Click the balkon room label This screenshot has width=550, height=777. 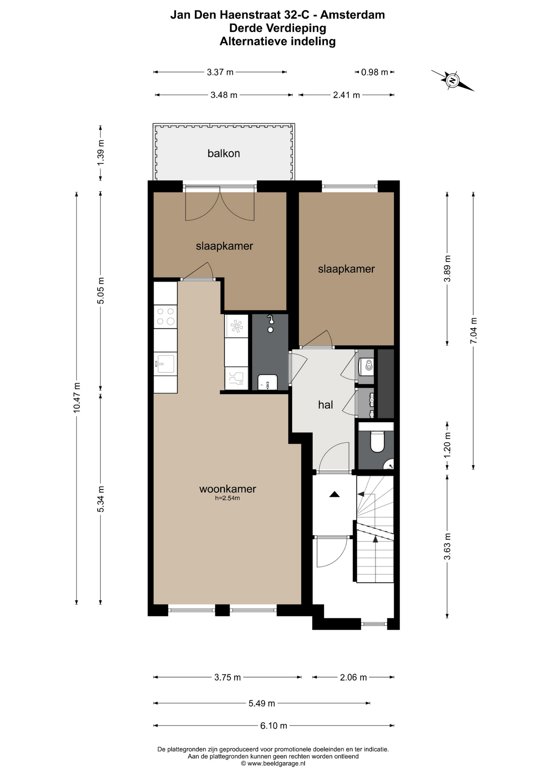[224, 153]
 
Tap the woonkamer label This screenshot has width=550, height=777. [228, 489]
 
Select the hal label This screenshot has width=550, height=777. [326, 405]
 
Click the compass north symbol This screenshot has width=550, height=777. [452, 81]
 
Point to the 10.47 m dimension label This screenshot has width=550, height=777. [77, 397]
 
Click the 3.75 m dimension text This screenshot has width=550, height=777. [228, 677]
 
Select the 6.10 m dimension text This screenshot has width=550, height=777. [274, 726]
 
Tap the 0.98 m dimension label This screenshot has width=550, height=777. [375, 72]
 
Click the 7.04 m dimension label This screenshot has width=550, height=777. [473, 331]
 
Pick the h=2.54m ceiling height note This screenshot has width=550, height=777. [228, 498]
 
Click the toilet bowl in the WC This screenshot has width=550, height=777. [377, 442]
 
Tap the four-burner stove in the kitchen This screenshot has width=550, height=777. [166, 316]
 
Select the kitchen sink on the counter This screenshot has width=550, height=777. [165, 363]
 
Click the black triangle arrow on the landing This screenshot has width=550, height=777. [335, 494]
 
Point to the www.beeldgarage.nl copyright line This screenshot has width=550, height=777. [273, 763]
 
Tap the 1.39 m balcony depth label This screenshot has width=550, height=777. [101, 152]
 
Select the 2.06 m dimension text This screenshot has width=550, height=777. [354, 677]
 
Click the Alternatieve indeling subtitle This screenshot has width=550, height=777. [278, 41]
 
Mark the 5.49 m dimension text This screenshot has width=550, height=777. [262, 703]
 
